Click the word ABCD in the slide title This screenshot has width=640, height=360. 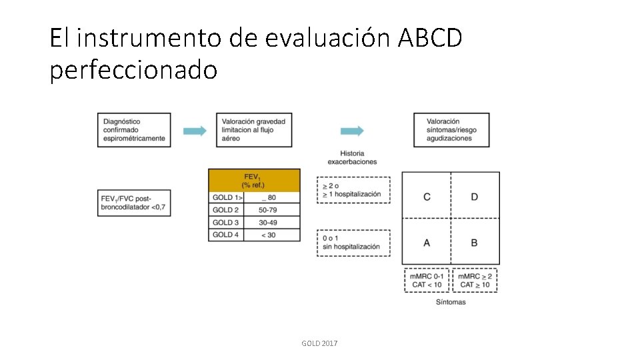pyautogui.click(x=429, y=39)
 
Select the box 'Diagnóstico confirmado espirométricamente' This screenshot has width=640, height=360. pyautogui.click(x=134, y=130)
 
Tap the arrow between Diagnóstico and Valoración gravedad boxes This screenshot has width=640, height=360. pyautogui.click(x=195, y=131)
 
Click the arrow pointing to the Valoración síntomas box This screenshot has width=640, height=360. pyautogui.click(x=352, y=131)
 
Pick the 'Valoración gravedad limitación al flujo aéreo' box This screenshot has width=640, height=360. pyautogui.click(x=255, y=130)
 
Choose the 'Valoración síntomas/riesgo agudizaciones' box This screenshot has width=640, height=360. pyautogui.click(x=451, y=130)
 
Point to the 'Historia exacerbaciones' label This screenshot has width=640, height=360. pyautogui.click(x=352, y=157)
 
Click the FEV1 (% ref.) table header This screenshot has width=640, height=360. pyautogui.click(x=255, y=181)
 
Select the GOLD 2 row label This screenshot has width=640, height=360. pyautogui.click(x=226, y=210)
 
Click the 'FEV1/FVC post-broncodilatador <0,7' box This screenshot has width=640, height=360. pyautogui.click(x=134, y=203)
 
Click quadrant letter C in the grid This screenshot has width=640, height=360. pyautogui.click(x=427, y=197)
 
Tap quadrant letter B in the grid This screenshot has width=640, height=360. pyautogui.click(x=474, y=243)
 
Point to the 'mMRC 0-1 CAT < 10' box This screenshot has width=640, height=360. pyautogui.click(x=427, y=280)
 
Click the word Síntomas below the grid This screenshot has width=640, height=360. pyautogui.click(x=451, y=302)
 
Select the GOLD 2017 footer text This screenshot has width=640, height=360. pyautogui.click(x=319, y=343)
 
